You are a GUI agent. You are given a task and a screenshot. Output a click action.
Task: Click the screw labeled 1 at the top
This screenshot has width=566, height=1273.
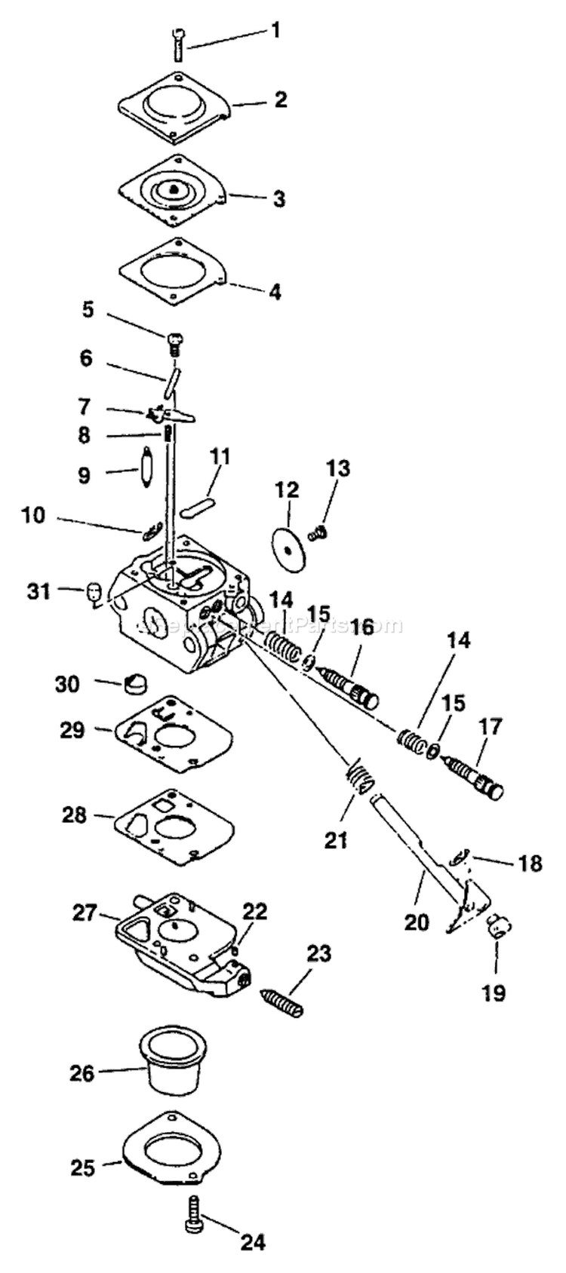click(x=177, y=44)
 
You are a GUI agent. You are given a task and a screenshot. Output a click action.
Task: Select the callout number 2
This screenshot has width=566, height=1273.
click(x=281, y=100)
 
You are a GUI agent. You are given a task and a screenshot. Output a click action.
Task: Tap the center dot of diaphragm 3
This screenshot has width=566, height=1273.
click(x=174, y=189)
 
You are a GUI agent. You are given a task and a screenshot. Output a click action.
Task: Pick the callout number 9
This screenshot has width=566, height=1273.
click(x=84, y=475)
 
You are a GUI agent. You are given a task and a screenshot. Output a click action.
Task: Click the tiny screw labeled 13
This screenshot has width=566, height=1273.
click(x=318, y=533)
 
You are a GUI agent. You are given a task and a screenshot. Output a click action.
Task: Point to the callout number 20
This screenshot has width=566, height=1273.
click(x=417, y=921)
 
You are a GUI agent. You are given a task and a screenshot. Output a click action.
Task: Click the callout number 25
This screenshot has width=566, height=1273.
click(x=83, y=1168)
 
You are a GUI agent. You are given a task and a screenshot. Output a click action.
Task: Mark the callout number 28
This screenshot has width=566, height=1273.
click(x=75, y=815)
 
